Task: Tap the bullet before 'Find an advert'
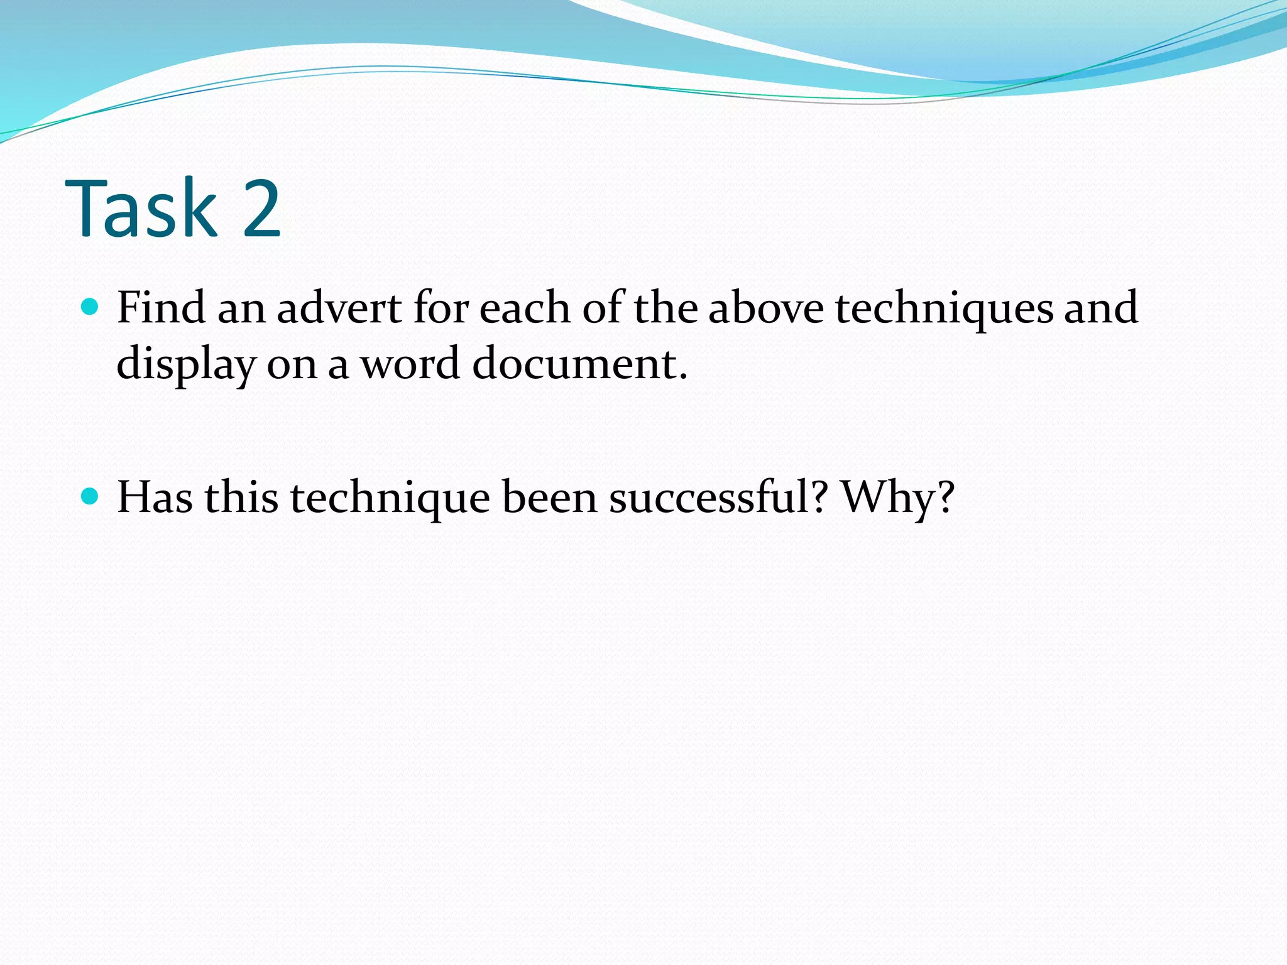point(90,307)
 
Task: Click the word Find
point(162,308)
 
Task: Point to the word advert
point(339,308)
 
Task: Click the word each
point(524,308)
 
